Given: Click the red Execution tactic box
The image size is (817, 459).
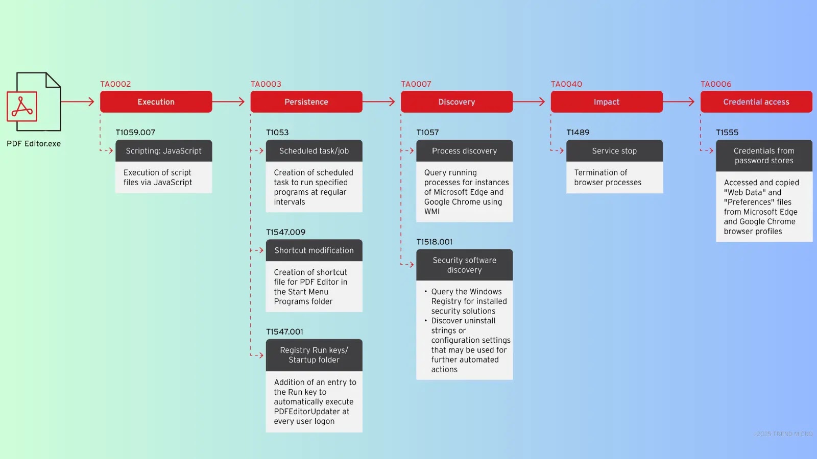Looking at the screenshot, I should (156, 102).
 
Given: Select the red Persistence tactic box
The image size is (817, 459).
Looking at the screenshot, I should (306, 102).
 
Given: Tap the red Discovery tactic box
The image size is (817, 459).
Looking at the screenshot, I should (456, 102).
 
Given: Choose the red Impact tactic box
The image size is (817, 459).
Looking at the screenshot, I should (607, 102).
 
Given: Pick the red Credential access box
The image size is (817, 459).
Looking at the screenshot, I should (756, 102).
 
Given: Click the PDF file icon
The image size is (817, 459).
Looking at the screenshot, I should (34, 102).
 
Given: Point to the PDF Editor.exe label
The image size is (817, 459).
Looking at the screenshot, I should (34, 144).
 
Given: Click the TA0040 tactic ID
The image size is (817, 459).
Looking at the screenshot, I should (566, 84).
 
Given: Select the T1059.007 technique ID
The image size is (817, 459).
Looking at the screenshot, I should (135, 133).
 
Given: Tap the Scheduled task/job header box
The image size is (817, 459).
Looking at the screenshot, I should (314, 151).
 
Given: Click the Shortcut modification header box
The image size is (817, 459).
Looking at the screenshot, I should (314, 250).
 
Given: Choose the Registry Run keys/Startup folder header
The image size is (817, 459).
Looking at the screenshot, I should (314, 355).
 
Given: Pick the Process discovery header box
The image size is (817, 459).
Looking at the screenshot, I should (464, 151).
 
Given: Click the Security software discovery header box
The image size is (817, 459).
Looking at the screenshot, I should (464, 265).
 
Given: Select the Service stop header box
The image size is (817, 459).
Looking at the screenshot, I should (614, 151).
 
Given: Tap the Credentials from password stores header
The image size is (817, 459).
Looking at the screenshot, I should (764, 156).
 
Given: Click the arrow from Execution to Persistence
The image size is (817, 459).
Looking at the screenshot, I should (229, 102).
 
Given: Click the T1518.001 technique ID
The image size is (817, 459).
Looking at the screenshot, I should (434, 242).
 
